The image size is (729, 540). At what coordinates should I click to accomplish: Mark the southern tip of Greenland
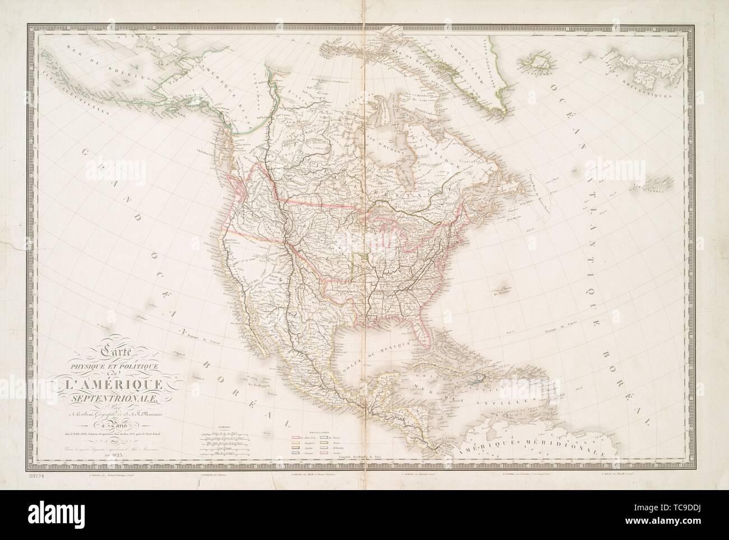(499, 118)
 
